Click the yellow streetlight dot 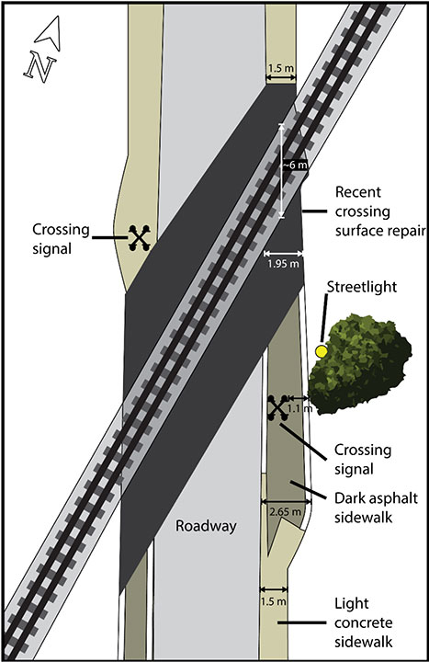tap(322, 351)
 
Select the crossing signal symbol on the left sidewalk tap(140, 238)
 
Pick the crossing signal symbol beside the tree tap(278, 408)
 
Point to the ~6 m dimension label tap(295, 165)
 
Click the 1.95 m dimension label tap(283, 264)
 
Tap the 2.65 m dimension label tap(286, 512)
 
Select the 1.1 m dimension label tap(299, 408)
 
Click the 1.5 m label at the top tap(280, 68)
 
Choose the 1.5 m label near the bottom tap(274, 600)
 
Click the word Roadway tap(206, 527)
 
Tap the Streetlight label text tap(362, 287)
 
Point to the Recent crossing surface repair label tap(379, 211)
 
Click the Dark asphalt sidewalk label tap(376, 507)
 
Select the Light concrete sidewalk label tap(364, 622)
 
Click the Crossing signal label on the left tap(62, 239)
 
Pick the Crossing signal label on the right tap(363, 459)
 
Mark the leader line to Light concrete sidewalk tap(302, 622)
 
